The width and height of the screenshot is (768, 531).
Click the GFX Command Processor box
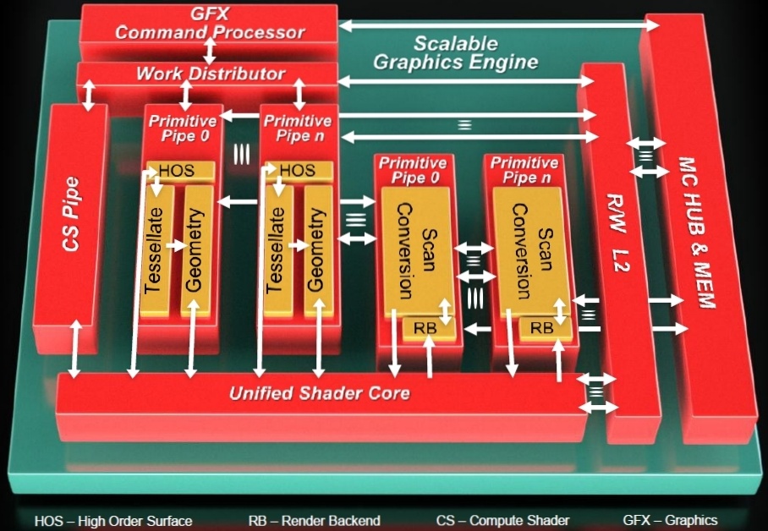point(209,23)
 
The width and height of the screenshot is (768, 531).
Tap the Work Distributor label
point(210,74)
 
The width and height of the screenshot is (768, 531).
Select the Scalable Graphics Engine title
point(455,52)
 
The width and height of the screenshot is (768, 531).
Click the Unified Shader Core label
point(320,393)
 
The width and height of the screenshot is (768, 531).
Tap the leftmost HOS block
point(177,171)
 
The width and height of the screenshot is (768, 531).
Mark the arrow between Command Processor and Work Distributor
point(210,49)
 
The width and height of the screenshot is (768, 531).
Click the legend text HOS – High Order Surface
point(113,520)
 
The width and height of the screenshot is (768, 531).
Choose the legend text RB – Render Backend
point(315,520)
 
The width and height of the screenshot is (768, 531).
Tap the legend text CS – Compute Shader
point(502,520)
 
